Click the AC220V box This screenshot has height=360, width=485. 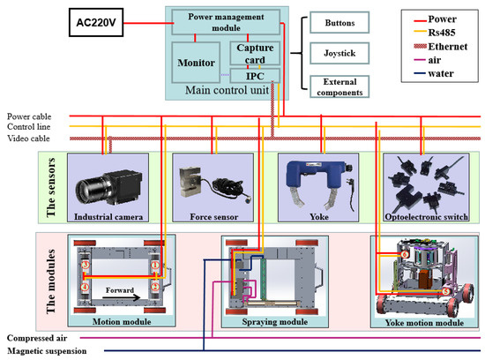[x=96, y=23]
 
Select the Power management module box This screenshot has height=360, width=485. [x=226, y=22]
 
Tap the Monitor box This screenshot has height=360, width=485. [x=196, y=63]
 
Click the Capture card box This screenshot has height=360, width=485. [x=255, y=54]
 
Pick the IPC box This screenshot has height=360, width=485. [x=255, y=76]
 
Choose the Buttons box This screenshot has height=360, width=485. [x=339, y=23]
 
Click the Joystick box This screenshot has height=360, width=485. [x=339, y=53]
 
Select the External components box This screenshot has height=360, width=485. [x=339, y=87]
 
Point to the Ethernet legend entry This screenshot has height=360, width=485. [x=440, y=47]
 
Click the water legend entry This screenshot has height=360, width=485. [x=434, y=73]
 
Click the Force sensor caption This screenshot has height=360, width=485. [x=214, y=217]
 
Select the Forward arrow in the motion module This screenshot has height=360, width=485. [x=121, y=297]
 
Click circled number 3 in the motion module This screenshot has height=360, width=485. [x=86, y=265]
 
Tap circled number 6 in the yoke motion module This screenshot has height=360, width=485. [x=405, y=254]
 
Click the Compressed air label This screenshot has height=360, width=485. [x=37, y=338]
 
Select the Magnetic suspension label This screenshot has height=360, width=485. [x=47, y=350]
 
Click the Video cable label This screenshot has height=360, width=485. [x=28, y=138]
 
